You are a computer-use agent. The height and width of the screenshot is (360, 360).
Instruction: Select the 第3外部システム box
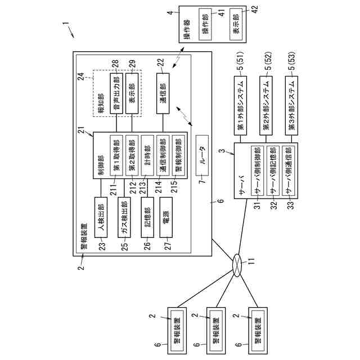[292, 105]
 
